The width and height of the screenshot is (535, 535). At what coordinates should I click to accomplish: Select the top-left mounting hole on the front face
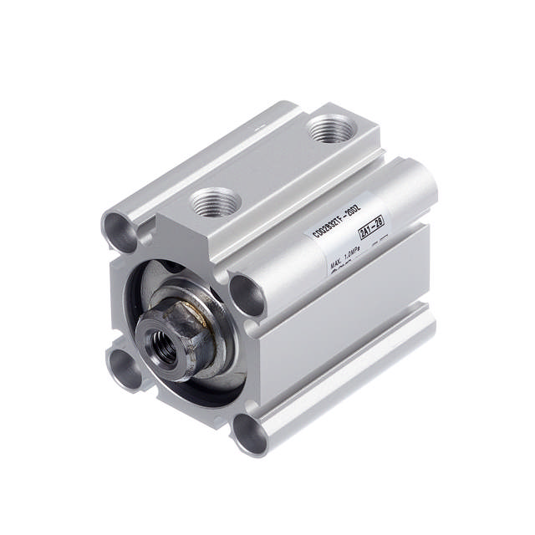[x=119, y=225]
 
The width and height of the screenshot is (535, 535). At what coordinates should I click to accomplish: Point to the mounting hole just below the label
[x=248, y=293]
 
